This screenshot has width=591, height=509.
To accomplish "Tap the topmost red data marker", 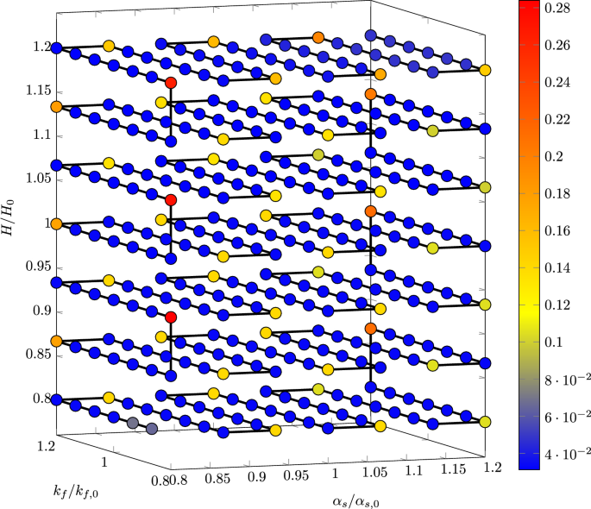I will (171, 82).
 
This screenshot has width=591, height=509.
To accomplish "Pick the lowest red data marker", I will (171, 317).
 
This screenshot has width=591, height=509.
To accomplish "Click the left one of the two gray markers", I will (133, 423).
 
